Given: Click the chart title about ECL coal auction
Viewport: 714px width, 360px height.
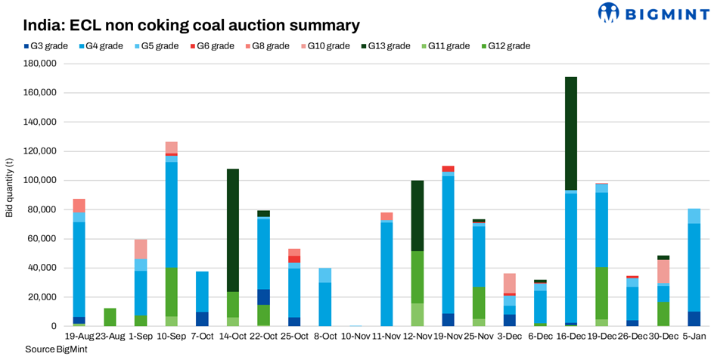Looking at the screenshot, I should coord(192,26).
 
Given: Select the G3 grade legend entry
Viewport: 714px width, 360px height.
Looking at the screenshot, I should coord(45,46).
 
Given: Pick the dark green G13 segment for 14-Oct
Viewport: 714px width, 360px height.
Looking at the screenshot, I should coord(233,231).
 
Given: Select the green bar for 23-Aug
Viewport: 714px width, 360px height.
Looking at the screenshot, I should coord(110,318).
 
